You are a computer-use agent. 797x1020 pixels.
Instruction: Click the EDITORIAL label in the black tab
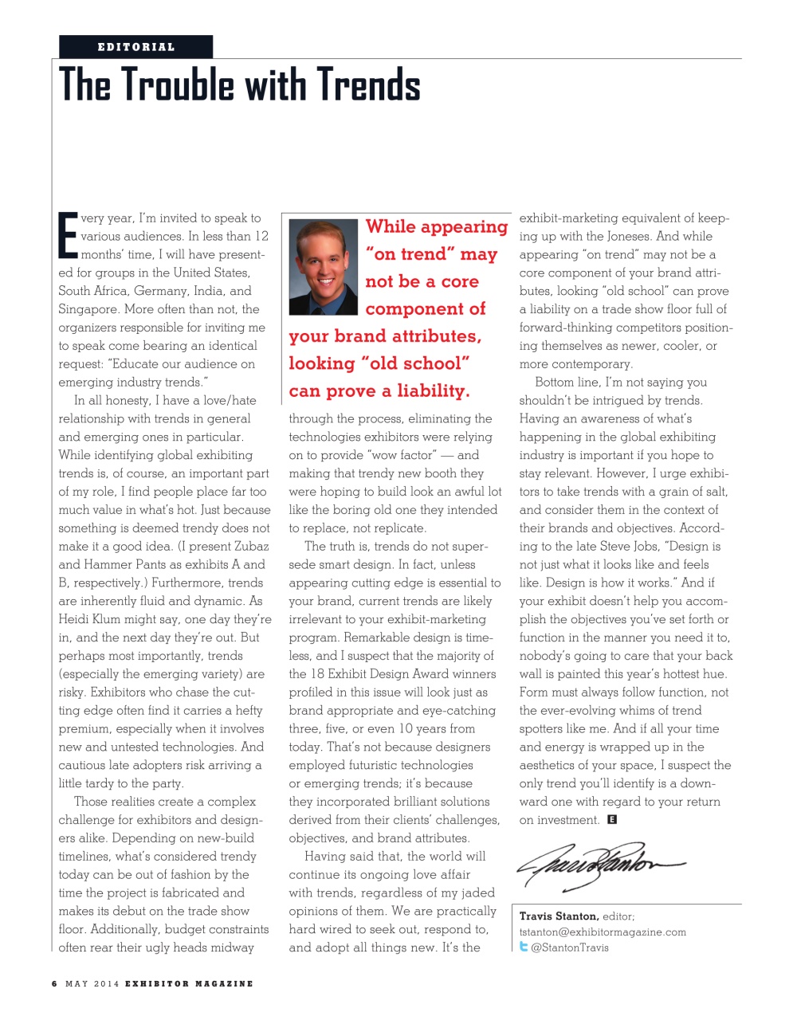tap(135, 47)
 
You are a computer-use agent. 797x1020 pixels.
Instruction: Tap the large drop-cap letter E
tap(68, 235)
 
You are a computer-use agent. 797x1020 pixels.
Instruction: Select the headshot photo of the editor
tap(324, 267)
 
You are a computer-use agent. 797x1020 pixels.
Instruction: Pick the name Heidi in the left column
tap(76, 619)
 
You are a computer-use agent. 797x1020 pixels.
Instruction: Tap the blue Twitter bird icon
tap(524, 947)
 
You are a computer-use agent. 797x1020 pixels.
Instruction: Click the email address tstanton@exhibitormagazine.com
tap(603, 932)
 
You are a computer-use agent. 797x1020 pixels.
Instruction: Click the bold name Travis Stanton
tap(559, 916)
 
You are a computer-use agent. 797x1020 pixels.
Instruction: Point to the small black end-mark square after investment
tap(612, 819)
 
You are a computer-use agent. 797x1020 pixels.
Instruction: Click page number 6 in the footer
tap(54, 983)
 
